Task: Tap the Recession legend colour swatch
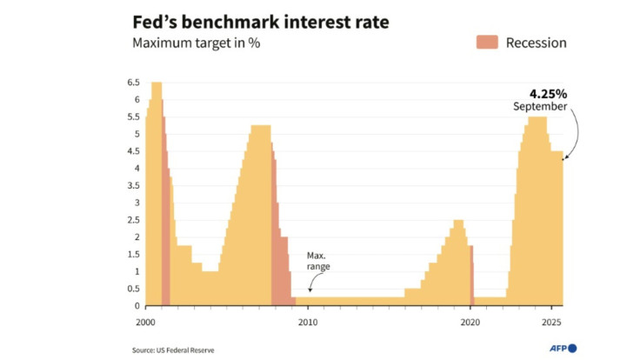point(486,43)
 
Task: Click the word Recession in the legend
point(536,43)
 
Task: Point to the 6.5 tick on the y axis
point(133,83)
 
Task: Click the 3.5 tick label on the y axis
point(133,185)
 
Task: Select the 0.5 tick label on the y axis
point(133,289)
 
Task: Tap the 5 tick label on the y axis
point(136,134)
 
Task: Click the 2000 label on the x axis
point(145,322)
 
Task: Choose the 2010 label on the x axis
point(307,322)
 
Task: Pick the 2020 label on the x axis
point(470,322)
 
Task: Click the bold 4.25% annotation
point(548,92)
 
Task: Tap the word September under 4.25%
point(539,106)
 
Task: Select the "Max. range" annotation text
point(318,261)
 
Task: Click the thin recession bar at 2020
point(471,275)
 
